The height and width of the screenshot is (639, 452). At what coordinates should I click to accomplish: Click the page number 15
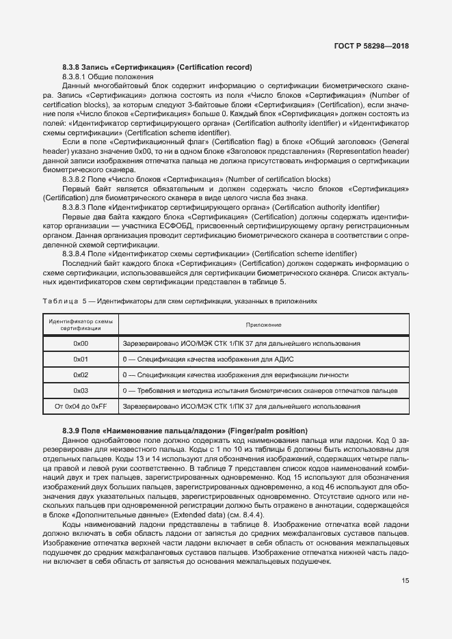(406, 581)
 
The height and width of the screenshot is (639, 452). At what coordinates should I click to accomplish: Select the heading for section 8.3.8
(157, 67)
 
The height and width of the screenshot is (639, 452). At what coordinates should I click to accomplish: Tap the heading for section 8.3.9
(185, 431)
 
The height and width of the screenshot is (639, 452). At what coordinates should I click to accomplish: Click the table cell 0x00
(81, 343)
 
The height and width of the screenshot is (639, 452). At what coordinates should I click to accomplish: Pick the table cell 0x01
(81, 359)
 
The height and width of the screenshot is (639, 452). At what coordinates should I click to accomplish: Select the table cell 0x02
(81, 375)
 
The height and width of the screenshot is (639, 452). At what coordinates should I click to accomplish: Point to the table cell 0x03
(81, 390)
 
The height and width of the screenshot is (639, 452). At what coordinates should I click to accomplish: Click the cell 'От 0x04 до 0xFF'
(81, 407)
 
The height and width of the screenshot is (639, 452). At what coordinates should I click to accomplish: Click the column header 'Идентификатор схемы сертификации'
(81, 325)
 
